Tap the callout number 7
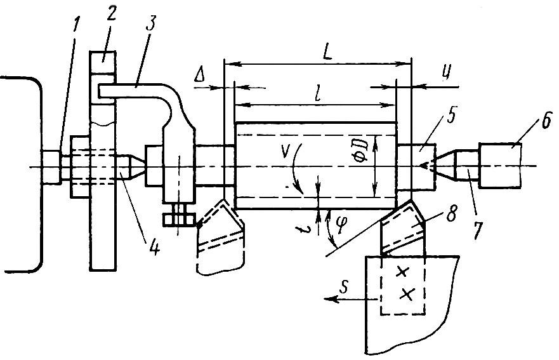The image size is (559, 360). (477, 230)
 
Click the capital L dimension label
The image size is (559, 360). (327, 53)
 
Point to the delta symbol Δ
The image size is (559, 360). (200, 76)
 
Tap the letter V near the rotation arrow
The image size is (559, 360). (285, 151)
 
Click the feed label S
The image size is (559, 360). (343, 288)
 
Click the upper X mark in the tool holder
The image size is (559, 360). (402, 272)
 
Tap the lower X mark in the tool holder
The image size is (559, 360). (407, 294)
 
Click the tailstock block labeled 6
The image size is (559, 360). (501, 165)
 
